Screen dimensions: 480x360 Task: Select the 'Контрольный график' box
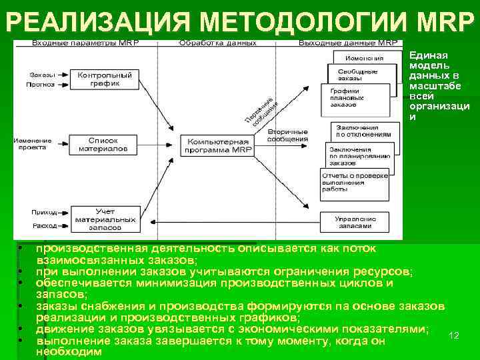[105, 80]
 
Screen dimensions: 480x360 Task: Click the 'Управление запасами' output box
[353, 222]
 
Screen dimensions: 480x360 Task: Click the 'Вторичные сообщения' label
[287, 135]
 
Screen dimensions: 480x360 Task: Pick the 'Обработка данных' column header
[218, 43]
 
